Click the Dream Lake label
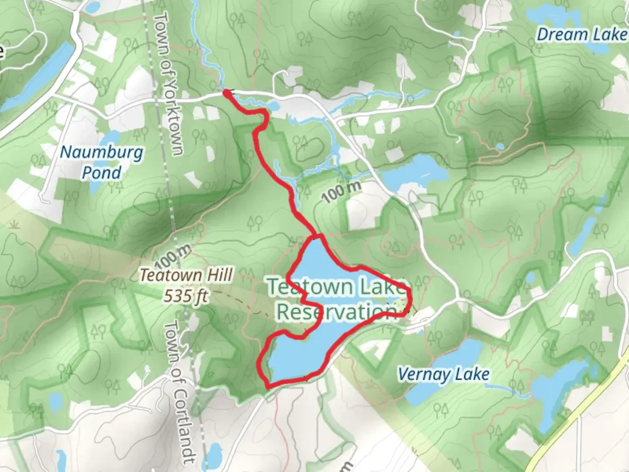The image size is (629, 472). tap(581, 35)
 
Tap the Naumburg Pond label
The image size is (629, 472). tap(101, 162)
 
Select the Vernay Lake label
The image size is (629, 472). tap(443, 375)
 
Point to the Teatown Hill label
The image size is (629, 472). tap(186, 275)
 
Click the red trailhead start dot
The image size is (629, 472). tap(227, 93)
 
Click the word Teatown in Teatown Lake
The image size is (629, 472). tap(310, 287)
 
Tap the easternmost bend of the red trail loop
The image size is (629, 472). tap(411, 297)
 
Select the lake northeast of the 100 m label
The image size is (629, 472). tap(415, 173)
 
